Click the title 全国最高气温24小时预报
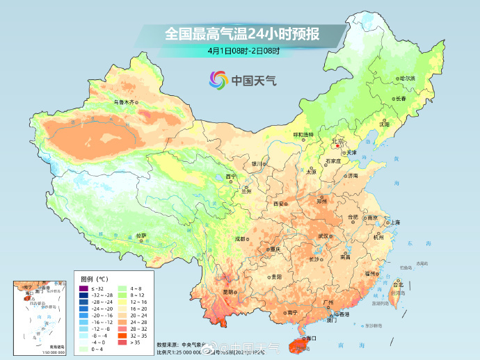243,33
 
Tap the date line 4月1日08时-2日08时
243,51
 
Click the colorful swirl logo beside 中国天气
218,80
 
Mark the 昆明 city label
228,292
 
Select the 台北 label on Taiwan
398,285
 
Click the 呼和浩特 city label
303,134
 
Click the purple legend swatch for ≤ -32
83,288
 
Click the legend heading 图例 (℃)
93,279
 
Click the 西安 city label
279,204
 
